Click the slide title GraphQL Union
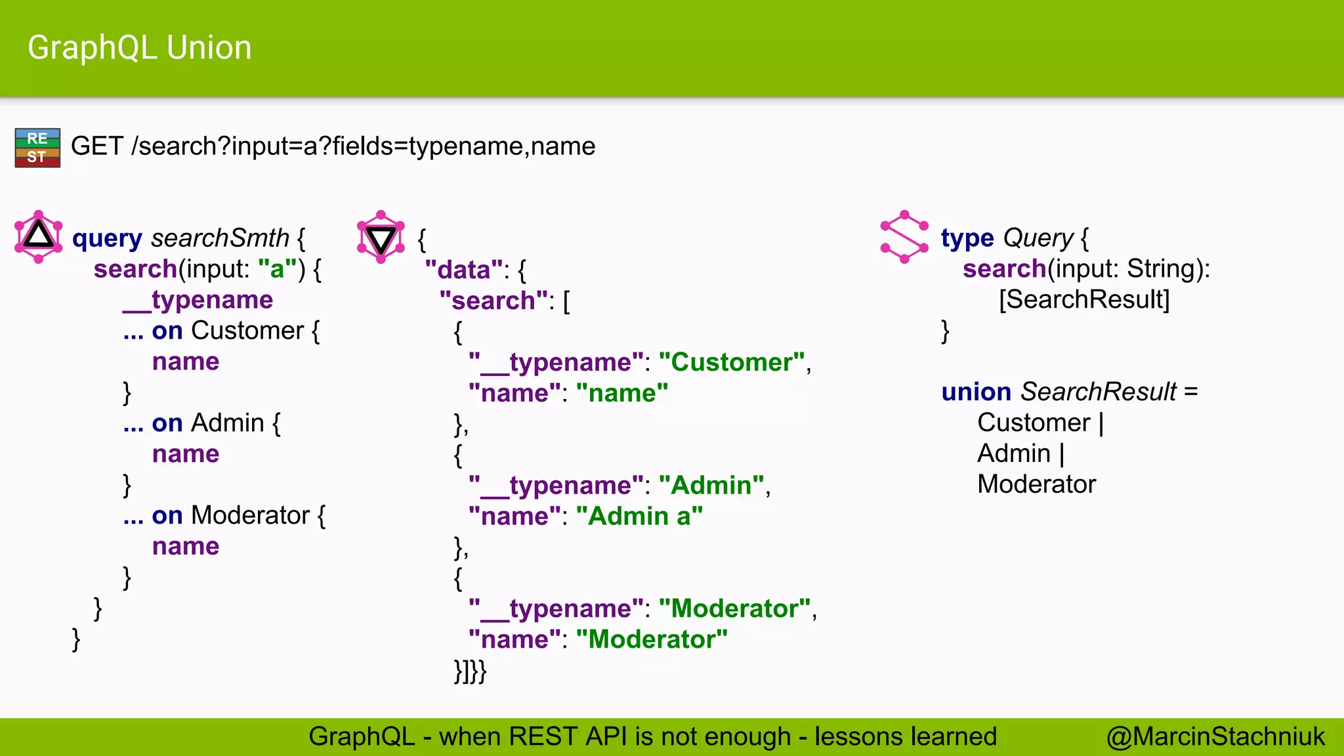click(139, 48)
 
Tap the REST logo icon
click(37, 148)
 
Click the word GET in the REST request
click(96, 146)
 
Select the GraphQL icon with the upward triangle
click(39, 236)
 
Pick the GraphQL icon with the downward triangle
click(381, 237)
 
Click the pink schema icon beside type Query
click(904, 237)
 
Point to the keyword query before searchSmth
click(107, 238)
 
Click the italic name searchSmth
click(220, 238)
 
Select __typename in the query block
click(198, 300)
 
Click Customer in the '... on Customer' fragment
click(247, 331)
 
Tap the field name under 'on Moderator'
click(186, 546)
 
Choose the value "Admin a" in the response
click(639, 516)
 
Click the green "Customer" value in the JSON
click(732, 362)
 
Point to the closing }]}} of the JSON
click(470, 671)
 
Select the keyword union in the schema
click(976, 392)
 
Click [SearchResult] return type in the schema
click(1084, 300)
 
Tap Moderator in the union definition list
click(1036, 484)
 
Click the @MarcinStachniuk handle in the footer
click(1215, 736)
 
